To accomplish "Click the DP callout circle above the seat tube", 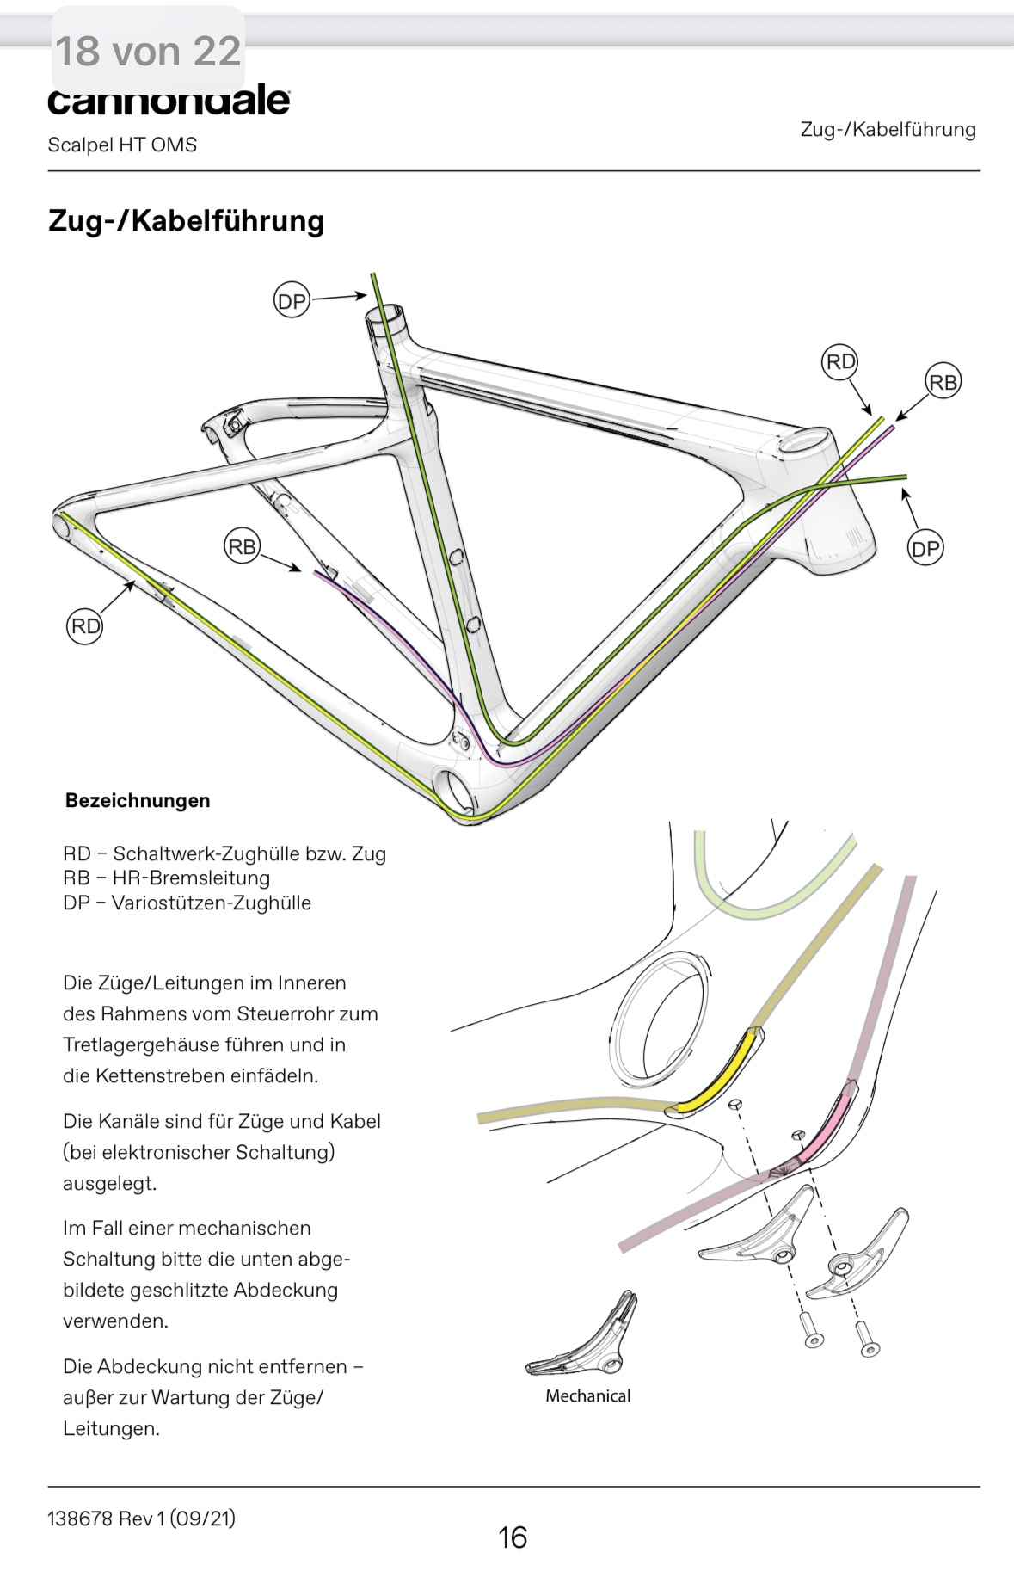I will [x=292, y=301].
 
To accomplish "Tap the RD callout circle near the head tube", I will [x=840, y=361].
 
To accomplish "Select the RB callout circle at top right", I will [x=943, y=382].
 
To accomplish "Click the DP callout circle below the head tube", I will [x=925, y=548].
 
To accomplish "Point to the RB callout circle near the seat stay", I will [x=242, y=546].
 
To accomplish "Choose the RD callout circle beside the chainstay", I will [x=84, y=625].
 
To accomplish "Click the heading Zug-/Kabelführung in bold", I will [x=186, y=220].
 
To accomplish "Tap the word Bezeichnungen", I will [x=138, y=800].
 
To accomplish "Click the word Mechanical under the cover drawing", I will [x=587, y=1395].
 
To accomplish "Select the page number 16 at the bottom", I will [x=513, y=1537].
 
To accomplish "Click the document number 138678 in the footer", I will [x=80, y=1518].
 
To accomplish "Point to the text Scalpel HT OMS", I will [x=122, y=145].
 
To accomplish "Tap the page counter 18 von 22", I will [x=148, y=51].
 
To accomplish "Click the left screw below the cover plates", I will [x=812, y=1330].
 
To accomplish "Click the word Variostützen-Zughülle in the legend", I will [x=212, y=903].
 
